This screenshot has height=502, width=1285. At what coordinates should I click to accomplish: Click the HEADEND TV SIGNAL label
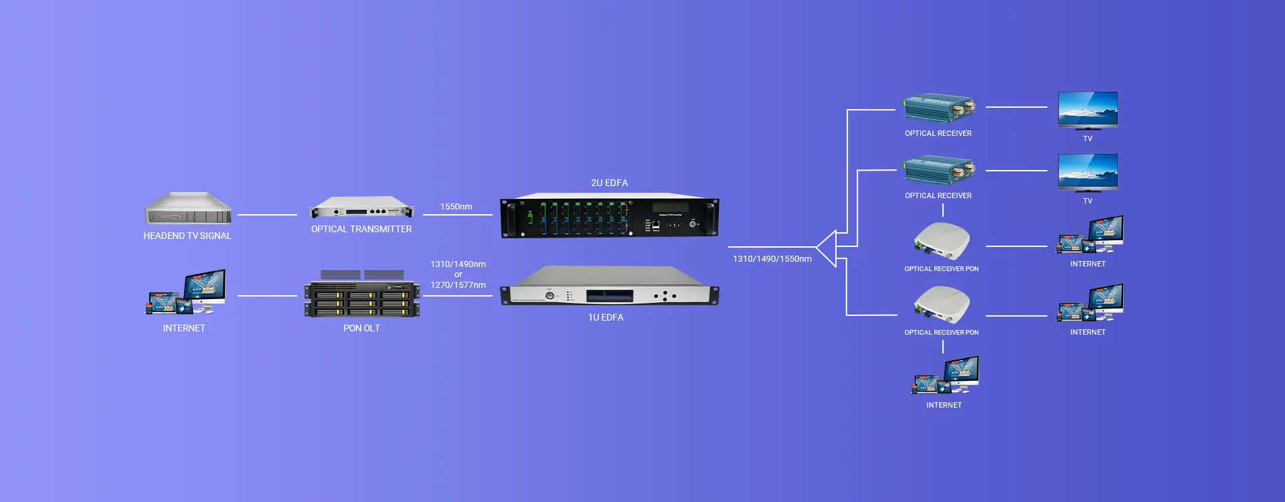tap(187, 236)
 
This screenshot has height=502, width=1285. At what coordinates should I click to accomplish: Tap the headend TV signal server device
tap(188, 209)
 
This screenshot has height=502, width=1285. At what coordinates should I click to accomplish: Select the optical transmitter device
tap(361, 208)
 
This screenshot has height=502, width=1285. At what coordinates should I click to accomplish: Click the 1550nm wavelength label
tap(456, 207)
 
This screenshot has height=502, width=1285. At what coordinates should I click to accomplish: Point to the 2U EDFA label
tap(609, 183)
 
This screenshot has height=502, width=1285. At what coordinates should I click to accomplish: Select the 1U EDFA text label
tap(606, 317)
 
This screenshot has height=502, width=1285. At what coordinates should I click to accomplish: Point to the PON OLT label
tap(361, 328)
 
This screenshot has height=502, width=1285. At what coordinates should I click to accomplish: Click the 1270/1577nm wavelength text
tap(458, 285)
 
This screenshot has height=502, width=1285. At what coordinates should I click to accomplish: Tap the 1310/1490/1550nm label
tap(772, 259)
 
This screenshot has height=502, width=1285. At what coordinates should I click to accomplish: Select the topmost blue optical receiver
tap(938, 108)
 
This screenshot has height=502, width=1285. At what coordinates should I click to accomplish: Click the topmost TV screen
tap(1088, 110)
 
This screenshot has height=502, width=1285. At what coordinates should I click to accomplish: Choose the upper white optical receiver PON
tap(942, 241)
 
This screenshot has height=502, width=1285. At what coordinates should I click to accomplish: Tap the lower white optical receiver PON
tap(942, 305)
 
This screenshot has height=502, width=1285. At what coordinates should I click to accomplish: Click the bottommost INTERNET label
tap(944, 405)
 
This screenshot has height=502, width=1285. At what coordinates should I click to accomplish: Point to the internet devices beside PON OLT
tap(186, 292)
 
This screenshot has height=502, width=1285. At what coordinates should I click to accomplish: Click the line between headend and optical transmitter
tap(267, 215)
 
